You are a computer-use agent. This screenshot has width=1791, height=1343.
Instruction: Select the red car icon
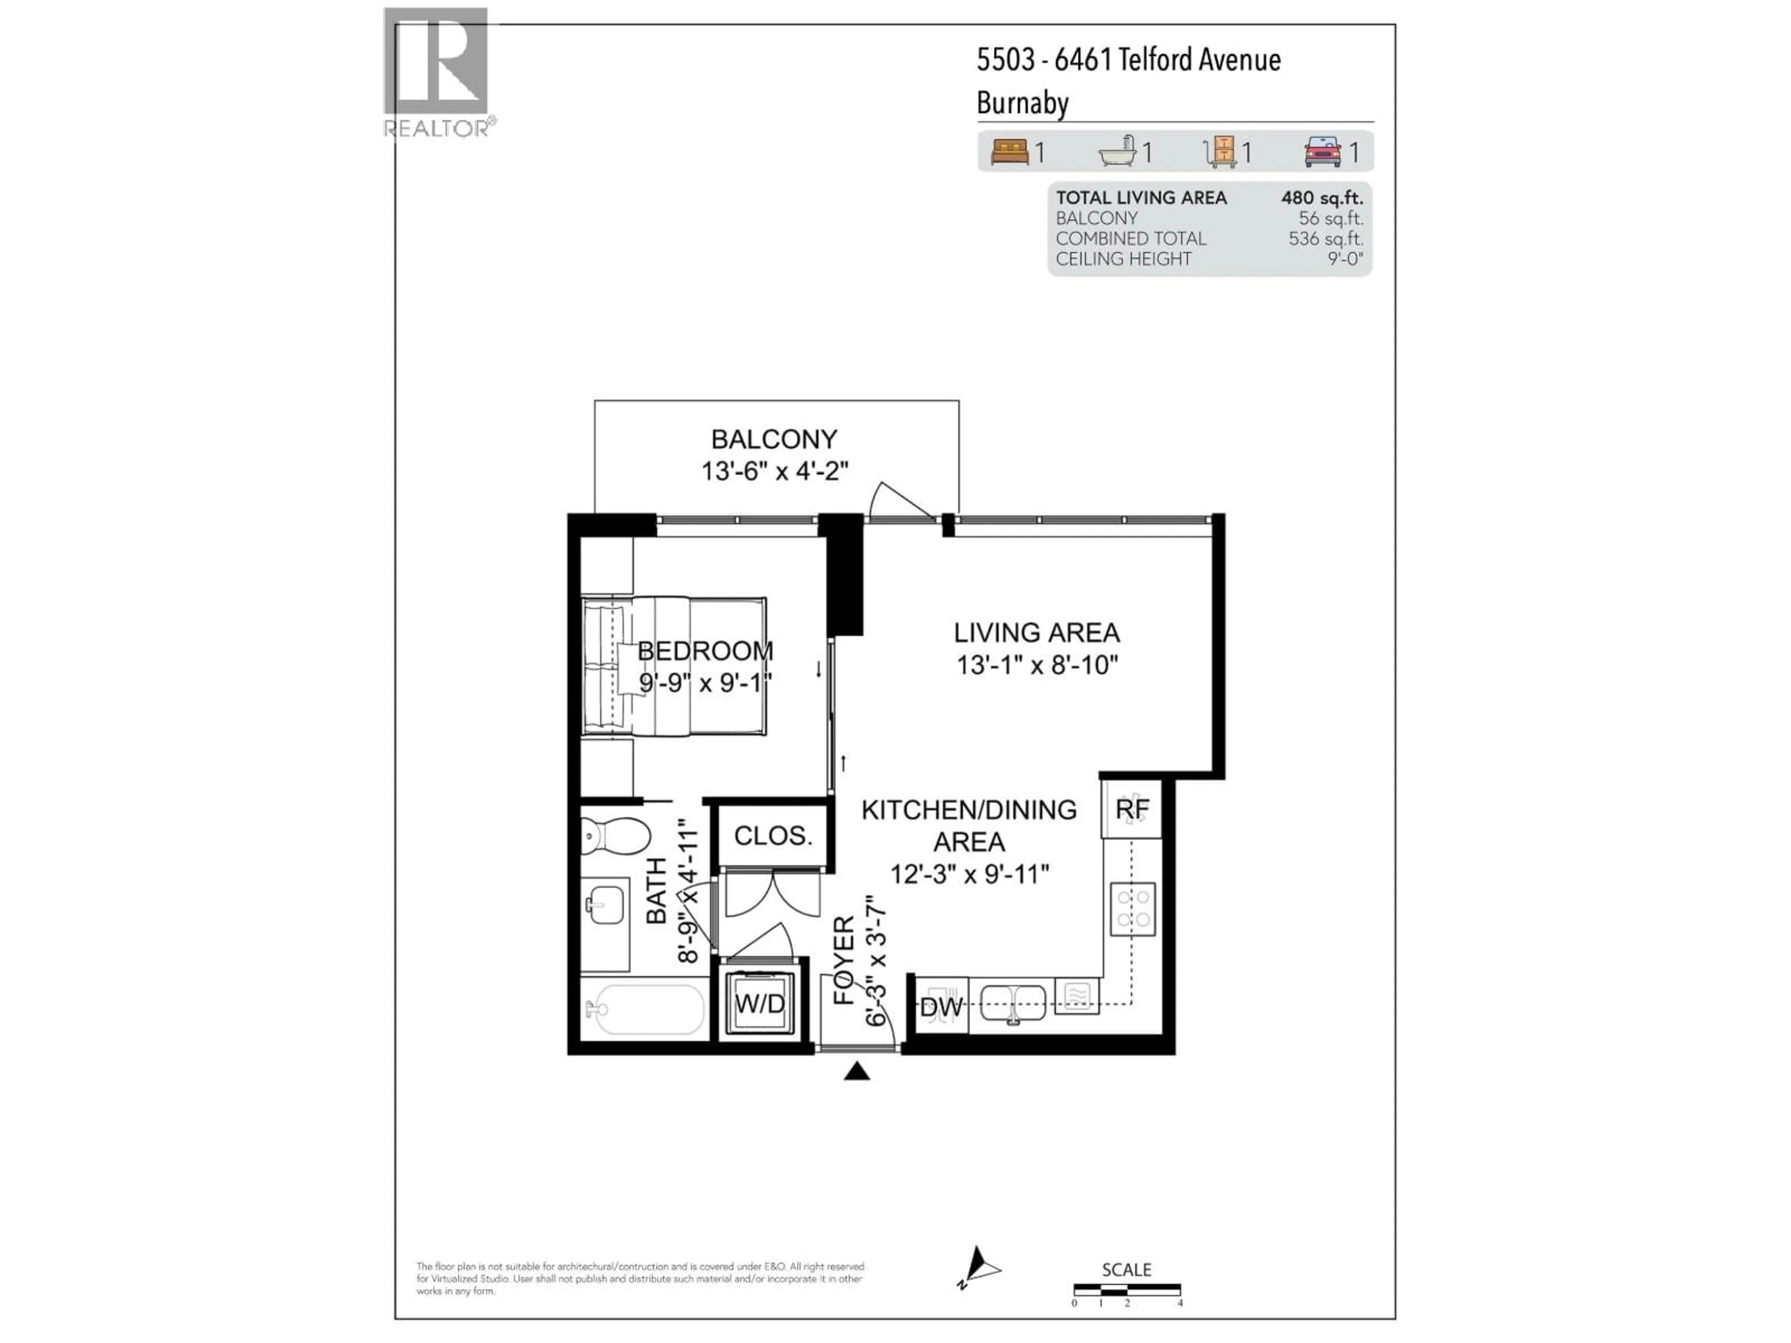pos(1322,152)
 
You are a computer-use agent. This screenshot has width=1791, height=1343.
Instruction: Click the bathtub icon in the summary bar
pos(1118,152)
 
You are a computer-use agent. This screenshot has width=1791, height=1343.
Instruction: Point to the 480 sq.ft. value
pos(1321,198)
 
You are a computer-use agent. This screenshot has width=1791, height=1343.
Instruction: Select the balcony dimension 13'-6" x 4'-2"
pos(774,471)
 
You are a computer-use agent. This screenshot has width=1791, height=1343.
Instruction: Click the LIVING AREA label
pos(1036,632)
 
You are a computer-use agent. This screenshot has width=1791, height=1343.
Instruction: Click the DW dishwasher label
pos(941,1008)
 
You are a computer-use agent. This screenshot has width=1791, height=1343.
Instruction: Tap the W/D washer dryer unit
pos(759,1004)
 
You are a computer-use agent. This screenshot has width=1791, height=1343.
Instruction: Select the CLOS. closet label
pos(772,836)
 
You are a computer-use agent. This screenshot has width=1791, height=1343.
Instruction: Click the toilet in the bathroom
pos(615,835)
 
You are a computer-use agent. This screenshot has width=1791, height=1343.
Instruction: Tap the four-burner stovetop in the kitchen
pos(1132,908)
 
